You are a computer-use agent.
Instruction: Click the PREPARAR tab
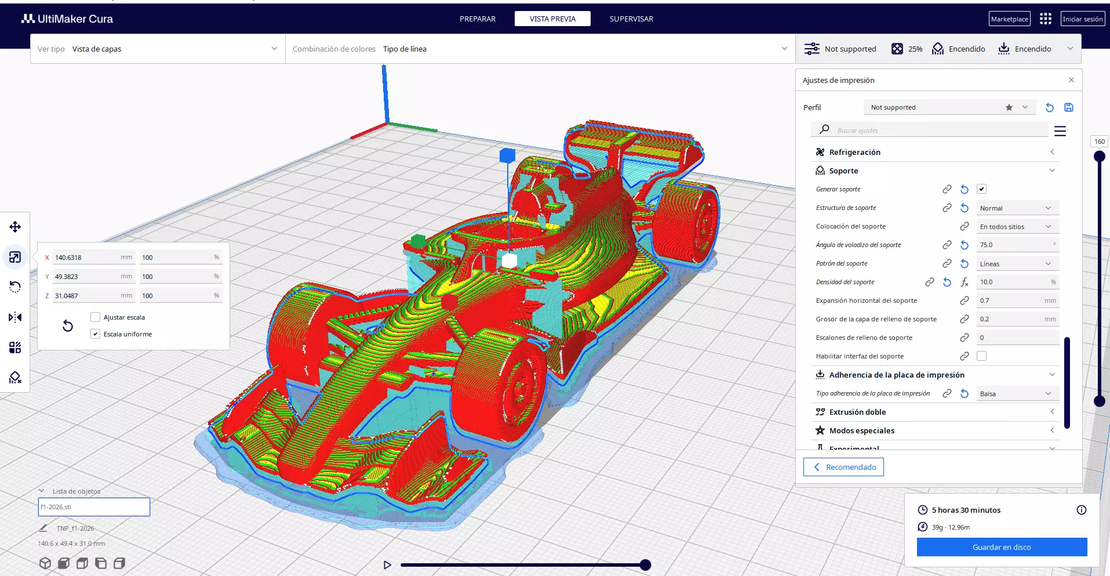pos(478,19)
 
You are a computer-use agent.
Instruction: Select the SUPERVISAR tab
pos(631,19)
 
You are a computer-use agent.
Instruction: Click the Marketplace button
pos(1009,19)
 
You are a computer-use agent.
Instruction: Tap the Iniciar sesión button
pos(1082,19)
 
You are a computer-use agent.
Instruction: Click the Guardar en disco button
pos(1002,547)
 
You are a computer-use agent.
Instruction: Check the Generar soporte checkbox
pos(981,189)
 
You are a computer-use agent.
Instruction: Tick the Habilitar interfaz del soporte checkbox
pos(981,356)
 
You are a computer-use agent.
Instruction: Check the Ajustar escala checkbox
pos(96,317)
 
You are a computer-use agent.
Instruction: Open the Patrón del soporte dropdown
pos(1017,264)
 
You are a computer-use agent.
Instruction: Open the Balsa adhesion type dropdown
pos(1017,394)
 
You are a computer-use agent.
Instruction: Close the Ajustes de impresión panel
pos(1071,80)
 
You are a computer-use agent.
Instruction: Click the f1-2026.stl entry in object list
pos(94,507)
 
